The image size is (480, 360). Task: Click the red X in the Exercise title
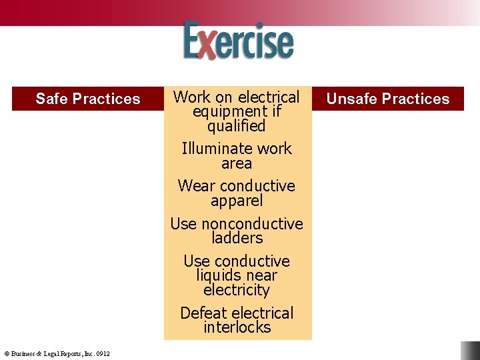pos(208,44)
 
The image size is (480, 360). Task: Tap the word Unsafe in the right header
pos(349,99)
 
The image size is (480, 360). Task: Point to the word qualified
pos(237,126)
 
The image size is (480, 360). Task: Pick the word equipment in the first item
pos(223,111)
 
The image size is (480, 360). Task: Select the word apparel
pos(237,201)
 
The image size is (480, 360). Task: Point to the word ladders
pos(237,238)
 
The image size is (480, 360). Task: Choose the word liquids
pos(220,275)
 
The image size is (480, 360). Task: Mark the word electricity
pos(237,290)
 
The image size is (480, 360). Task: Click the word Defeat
pos(203,313)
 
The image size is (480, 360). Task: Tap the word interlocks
pos(237,327)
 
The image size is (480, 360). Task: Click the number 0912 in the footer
pos(103,353)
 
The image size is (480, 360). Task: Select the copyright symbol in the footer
pos(7,353)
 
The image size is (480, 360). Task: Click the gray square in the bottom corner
pos(470,351)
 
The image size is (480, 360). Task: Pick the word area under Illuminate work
pos(237,163)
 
